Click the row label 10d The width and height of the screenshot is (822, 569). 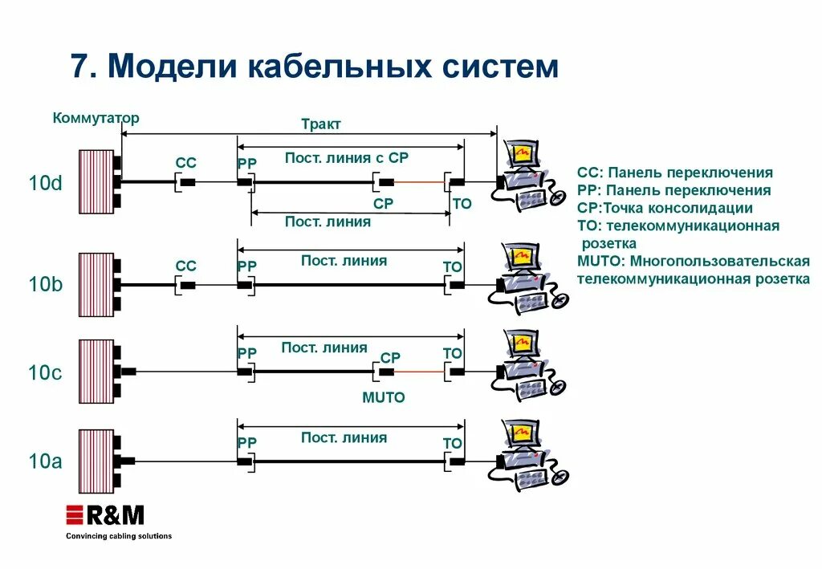click(x=45, y=183)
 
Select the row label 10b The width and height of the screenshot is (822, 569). click(x=45, y=285)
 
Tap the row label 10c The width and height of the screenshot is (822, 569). click(x=45, y=373)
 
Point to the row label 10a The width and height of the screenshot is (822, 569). click(x=45, y=461)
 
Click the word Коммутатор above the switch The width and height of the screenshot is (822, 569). click(x=96, y=118)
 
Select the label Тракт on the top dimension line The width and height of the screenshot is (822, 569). click(x=321, y=124)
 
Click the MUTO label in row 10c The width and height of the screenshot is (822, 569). click(x=384, y=397)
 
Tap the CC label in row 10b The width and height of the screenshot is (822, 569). click(x=185, y=266)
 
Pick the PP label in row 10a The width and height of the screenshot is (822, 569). click(x=247, y=443)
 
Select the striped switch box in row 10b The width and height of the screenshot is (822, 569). click(x=96, y=285)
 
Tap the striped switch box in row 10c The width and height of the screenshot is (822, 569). click(x=96, y=372)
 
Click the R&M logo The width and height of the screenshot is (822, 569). click(x=105, y=515)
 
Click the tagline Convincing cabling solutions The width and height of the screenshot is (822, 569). click(x=118, y=536)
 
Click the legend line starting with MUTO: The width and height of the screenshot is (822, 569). click(x=693, y=261)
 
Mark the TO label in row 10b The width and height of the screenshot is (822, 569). click(x=453, y=266)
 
